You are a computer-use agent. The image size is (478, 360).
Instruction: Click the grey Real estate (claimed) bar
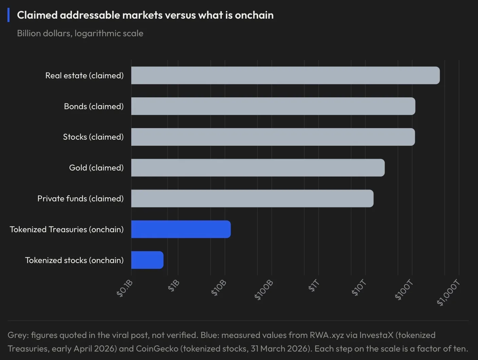pos(285,75)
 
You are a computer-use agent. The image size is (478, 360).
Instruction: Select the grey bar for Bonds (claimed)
pos(273,106)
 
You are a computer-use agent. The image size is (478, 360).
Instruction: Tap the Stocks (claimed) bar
pos(273,137)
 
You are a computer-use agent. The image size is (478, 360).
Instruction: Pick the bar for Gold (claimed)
pos(258,168)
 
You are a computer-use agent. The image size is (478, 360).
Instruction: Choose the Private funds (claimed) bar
pos(252,198)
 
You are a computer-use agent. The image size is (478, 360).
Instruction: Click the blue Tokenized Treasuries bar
pos(181,229)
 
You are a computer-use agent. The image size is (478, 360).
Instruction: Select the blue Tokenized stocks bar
pos(147,260)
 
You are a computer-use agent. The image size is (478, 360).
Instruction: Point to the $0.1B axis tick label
pos(125,288)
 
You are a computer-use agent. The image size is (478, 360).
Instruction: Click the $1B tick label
pos(174,286)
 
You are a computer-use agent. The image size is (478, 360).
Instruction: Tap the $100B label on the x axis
pos(264,290)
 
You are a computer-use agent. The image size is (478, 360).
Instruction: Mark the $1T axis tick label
pos(314,286)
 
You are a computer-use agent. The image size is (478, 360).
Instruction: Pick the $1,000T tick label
pos(448,293)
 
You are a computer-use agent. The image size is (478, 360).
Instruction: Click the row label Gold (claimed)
pos(96,168)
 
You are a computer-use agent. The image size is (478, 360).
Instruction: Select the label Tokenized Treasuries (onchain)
pos(66,229)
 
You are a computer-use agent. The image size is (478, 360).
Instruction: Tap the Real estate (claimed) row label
pos(84,76)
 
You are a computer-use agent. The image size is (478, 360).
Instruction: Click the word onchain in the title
pos(254,15)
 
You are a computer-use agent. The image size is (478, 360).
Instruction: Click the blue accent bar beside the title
pos(8,15)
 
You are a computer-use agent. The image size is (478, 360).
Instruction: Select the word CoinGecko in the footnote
pos(157,348)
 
